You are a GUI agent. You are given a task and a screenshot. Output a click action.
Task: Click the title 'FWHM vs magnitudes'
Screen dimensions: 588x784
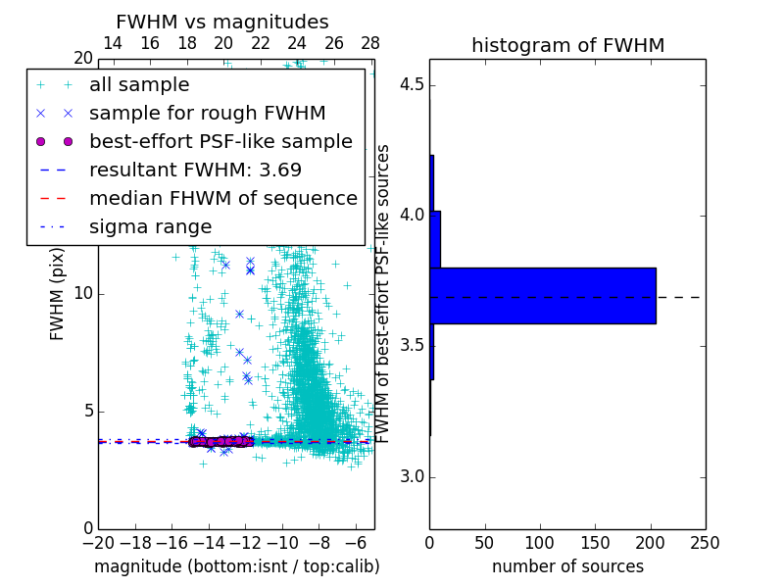[x=221, y=23]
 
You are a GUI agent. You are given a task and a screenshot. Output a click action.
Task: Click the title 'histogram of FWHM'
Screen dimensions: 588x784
[x=567, y=46]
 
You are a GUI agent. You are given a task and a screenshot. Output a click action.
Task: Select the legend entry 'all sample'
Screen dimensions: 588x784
[x=139, y=85]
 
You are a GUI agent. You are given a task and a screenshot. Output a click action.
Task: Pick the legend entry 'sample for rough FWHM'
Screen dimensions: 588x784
[x=207, y=113]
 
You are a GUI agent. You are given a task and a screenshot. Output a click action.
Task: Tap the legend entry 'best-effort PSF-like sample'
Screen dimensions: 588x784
[x=220, y=141]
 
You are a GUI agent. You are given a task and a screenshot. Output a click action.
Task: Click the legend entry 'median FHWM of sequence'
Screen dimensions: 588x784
[x=222, y=198]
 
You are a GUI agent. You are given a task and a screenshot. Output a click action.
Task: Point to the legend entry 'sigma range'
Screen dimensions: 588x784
[x=150, y=226]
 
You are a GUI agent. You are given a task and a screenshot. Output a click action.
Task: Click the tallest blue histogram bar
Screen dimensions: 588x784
[x=542, y=295]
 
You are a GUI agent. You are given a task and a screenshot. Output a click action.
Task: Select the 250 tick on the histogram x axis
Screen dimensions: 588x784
[x=705, y=543]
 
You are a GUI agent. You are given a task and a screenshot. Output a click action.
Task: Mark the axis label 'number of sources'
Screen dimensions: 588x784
[x=567, y=566]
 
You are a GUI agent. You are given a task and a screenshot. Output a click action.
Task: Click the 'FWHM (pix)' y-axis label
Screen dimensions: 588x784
[x=58, y=294]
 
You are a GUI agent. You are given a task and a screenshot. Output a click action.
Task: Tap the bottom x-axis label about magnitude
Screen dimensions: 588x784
[x=236, y=566]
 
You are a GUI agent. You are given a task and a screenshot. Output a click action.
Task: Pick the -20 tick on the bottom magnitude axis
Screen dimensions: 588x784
[x=98, y=543]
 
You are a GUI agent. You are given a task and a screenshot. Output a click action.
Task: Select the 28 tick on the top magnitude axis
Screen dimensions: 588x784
[x=370, y=43]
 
